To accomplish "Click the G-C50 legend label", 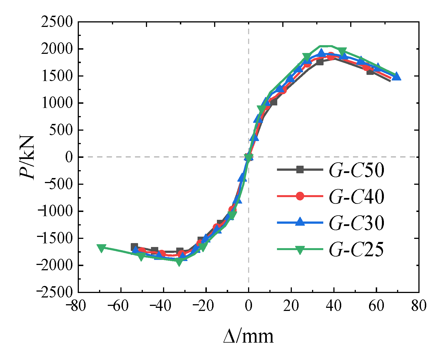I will [356, 170].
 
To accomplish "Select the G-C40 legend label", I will [356, 197].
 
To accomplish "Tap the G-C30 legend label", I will [356, 223].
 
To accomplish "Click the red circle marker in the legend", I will [300, 196].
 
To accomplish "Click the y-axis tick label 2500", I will [57, 22].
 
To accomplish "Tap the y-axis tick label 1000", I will [57, 103].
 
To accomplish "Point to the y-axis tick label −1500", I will [55, 238].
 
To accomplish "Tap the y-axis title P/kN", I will [27, 157].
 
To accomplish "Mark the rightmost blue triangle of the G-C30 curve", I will [396, 76].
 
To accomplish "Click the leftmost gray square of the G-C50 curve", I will [134, 247].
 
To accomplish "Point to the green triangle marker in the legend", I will [300, 250].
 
